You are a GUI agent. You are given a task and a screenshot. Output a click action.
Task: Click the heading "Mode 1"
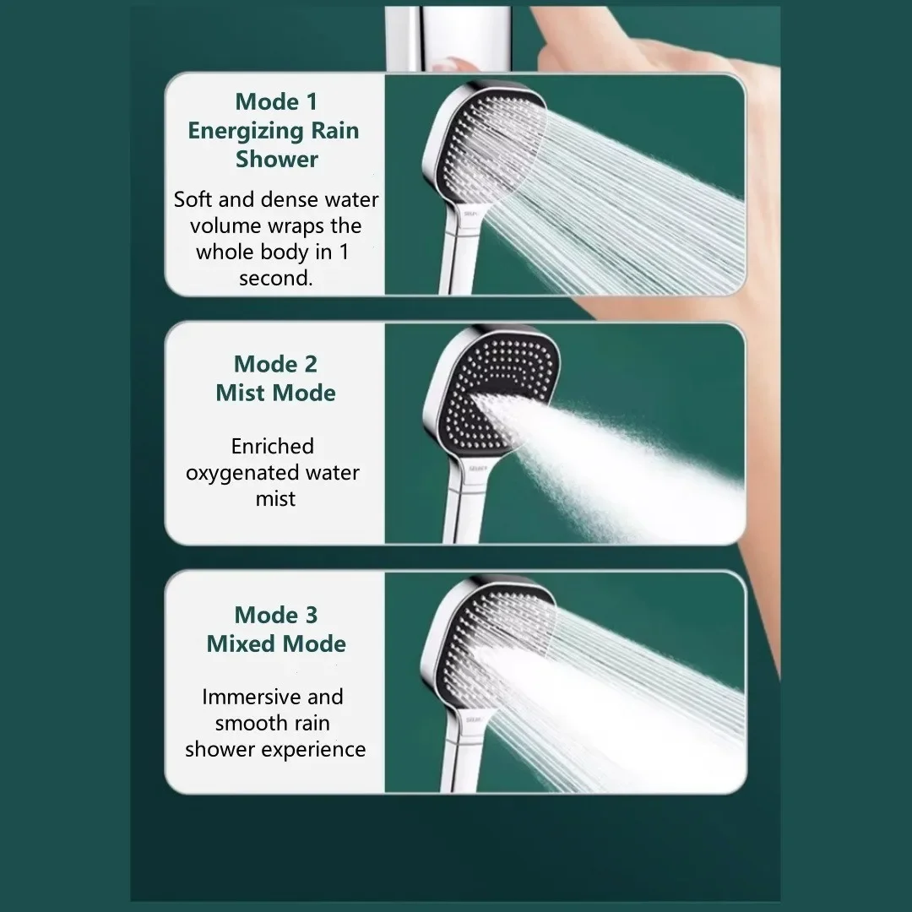[276, 102]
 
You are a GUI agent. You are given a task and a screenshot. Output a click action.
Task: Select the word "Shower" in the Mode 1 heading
[277, 159]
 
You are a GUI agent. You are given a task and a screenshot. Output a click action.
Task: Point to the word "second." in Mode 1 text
[275, 278]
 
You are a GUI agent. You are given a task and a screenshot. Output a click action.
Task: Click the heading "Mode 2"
[275, 364]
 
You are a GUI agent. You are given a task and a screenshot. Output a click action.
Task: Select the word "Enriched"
[272, 446]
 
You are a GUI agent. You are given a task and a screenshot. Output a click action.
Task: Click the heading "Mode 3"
[275, 615]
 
